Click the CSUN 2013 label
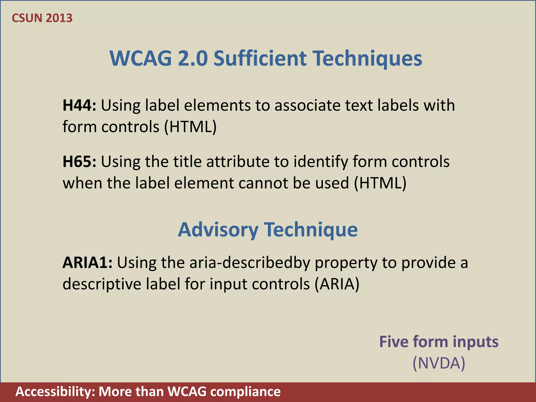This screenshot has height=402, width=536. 42,18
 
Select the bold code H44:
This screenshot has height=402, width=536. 79,105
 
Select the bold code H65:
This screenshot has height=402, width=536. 79,161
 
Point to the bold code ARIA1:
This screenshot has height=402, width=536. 87,263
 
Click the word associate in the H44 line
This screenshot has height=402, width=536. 307,105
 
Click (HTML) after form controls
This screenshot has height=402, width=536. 190,127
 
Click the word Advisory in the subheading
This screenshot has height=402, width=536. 218,230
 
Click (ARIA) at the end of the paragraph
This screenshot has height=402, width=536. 337,284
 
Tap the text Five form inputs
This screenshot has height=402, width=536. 439,342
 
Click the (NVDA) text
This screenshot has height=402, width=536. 439,363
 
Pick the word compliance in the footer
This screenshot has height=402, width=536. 245,392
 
